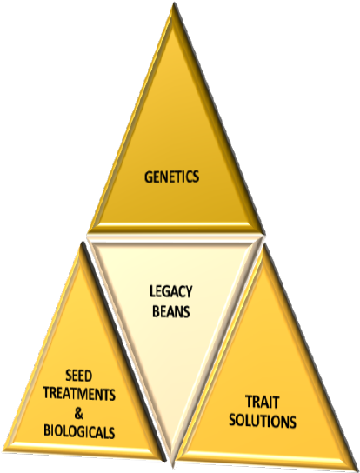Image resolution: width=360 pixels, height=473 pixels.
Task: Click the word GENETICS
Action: (171, 177)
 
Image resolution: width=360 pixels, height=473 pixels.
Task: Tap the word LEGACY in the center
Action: (170, 297)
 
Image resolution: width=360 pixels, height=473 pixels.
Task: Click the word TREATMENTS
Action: (78, 394)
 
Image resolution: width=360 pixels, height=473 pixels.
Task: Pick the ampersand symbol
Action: (78, 412)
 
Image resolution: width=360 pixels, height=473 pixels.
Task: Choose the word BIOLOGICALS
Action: (78, 430)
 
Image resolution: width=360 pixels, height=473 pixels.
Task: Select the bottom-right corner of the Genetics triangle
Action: (261, 231)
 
